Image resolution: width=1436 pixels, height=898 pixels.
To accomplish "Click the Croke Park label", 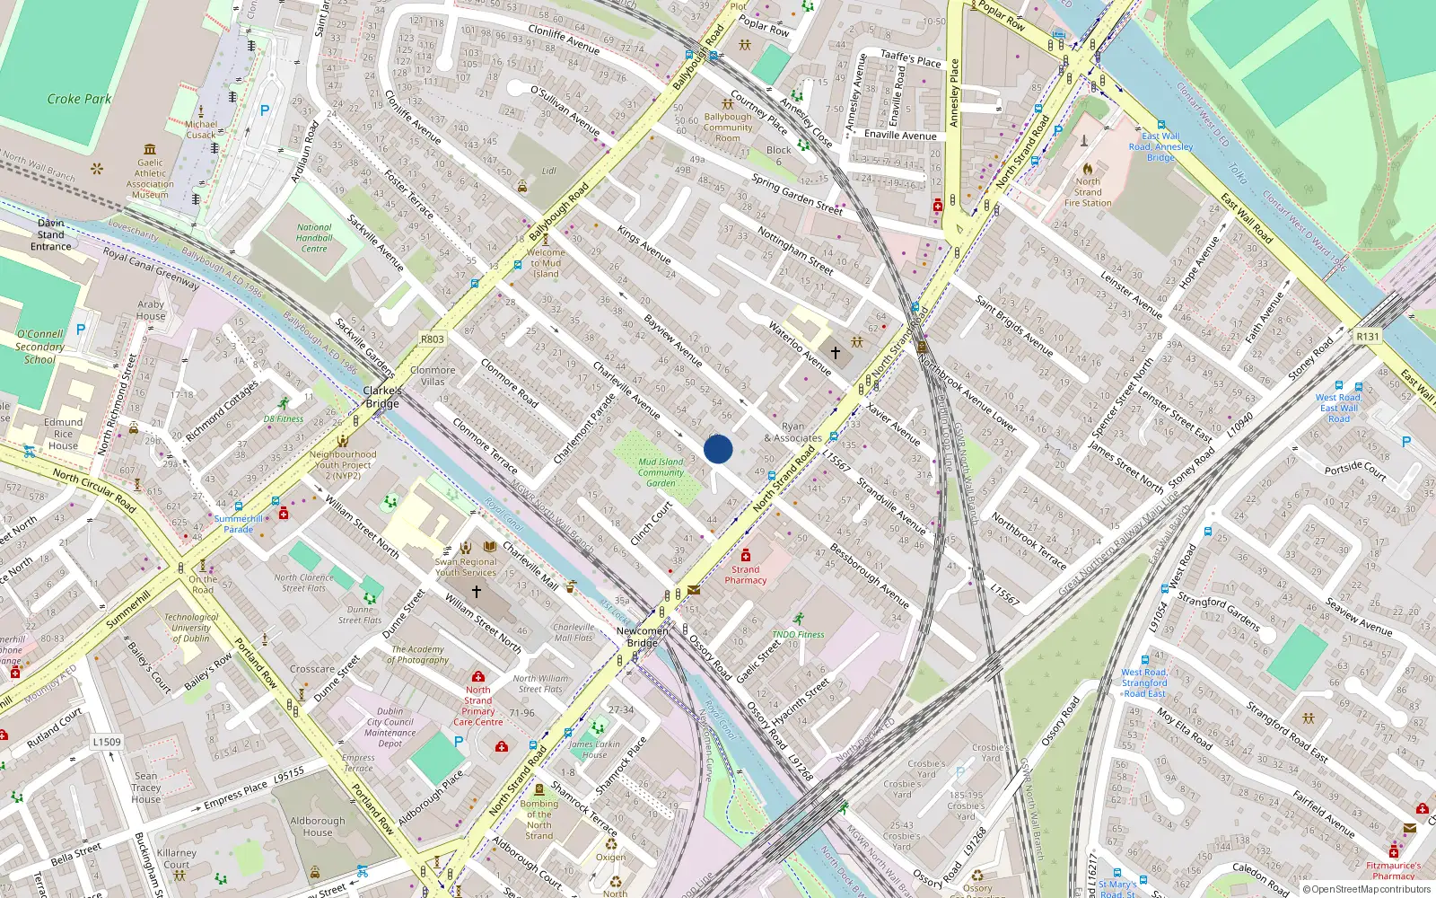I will [x=79, y=99].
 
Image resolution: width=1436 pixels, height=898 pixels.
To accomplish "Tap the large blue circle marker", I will [x=718, y=449].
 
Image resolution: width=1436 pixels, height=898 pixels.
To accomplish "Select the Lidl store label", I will [x=548, y=170].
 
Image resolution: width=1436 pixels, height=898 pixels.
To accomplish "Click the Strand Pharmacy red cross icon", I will [x=745, y=556].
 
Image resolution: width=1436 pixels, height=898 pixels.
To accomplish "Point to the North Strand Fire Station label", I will [x=1088, y=192].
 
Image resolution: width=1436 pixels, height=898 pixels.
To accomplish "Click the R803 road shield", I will [x=432, y=339].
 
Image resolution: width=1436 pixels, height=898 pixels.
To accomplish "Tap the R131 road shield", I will [x=1368, y=337].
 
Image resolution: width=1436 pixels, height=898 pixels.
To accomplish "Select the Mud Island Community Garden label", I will [x=661, y=472].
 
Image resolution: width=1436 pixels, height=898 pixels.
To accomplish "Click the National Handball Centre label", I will [x=314, y=238].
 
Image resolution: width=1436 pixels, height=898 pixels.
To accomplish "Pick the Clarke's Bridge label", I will [x=382, y=397].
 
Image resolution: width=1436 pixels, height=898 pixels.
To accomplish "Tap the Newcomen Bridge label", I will [x=643, y=637].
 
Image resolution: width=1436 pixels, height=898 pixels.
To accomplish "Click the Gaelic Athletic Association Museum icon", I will [x=150, y=149].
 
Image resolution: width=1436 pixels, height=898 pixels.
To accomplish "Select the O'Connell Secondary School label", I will [x=39, y=347].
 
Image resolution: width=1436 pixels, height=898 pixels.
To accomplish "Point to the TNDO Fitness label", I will [x=798, y=634].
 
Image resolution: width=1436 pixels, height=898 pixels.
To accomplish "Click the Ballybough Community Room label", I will [x=728, y=128].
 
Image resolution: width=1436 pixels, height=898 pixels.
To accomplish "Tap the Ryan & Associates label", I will [x=793, y=433].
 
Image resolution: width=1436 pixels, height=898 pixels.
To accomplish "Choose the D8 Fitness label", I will [x=284, y=418].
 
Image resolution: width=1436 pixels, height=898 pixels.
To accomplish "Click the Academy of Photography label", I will [x=418, y=655].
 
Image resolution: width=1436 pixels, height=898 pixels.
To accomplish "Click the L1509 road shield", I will [x=107, y=742].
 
